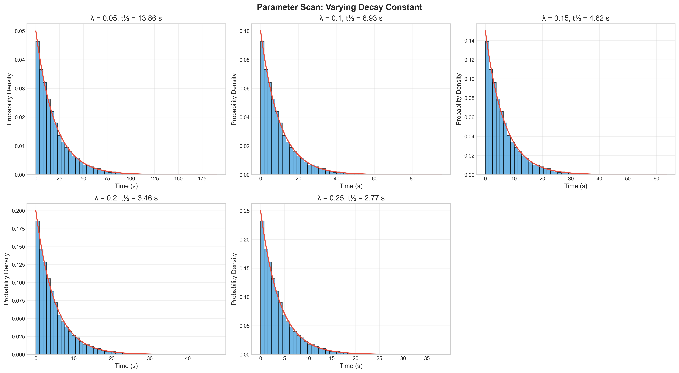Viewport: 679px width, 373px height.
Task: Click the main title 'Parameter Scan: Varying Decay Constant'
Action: coord(339,7)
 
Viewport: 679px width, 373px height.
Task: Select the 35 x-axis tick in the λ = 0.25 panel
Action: coord(427,358)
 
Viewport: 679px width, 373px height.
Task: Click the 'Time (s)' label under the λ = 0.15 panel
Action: coord(576,186)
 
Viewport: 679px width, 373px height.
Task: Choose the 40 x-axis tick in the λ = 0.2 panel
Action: coord(188,358)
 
